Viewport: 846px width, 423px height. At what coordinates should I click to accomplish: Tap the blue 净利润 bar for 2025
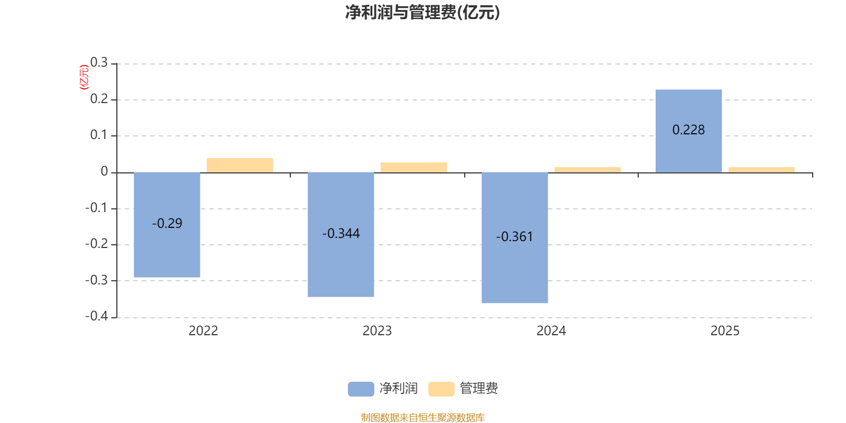click(688, 153)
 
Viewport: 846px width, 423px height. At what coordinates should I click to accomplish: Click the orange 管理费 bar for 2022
click(240, 165)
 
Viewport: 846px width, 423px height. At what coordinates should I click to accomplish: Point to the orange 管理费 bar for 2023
click(413, 167)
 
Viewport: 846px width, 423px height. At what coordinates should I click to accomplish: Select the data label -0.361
click(514, 236)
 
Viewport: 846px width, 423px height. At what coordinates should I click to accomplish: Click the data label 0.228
click(688, 130)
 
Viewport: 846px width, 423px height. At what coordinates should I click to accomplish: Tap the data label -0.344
click(341, 233)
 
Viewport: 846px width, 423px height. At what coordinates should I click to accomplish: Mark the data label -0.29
click(167, 223)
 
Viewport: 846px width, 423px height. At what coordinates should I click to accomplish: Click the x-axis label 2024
click(551, 330)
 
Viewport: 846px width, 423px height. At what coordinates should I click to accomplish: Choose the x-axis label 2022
click(203, 330)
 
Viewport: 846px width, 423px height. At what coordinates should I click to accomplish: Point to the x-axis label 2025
click(725, 330)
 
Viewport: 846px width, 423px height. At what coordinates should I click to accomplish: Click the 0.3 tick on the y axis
click(99, 63)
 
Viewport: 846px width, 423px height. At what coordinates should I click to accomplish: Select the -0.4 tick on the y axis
click(96, 316)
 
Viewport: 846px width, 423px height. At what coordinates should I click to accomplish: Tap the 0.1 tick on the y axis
click(99, 135)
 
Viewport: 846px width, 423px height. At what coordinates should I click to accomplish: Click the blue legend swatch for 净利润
click(361, 389)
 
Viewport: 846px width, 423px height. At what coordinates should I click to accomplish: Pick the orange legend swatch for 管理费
click(441, 389)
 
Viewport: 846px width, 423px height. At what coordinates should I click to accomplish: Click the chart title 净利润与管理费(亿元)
click(422, 12)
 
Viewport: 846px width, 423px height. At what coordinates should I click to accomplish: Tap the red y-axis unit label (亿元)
click(84, 77)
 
